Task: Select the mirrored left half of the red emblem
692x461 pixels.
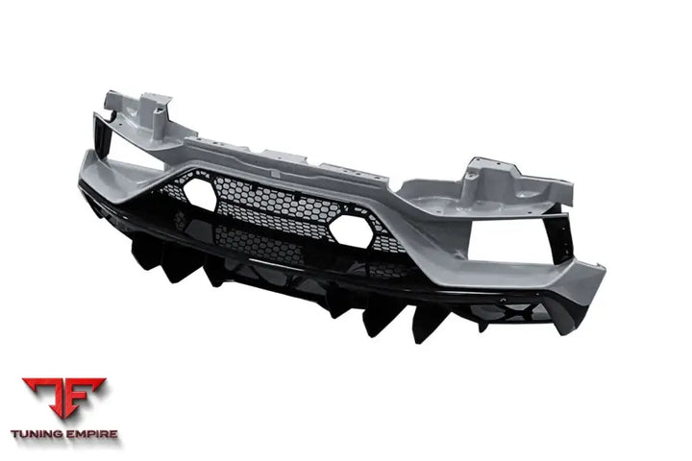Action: [x=45, y=399]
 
